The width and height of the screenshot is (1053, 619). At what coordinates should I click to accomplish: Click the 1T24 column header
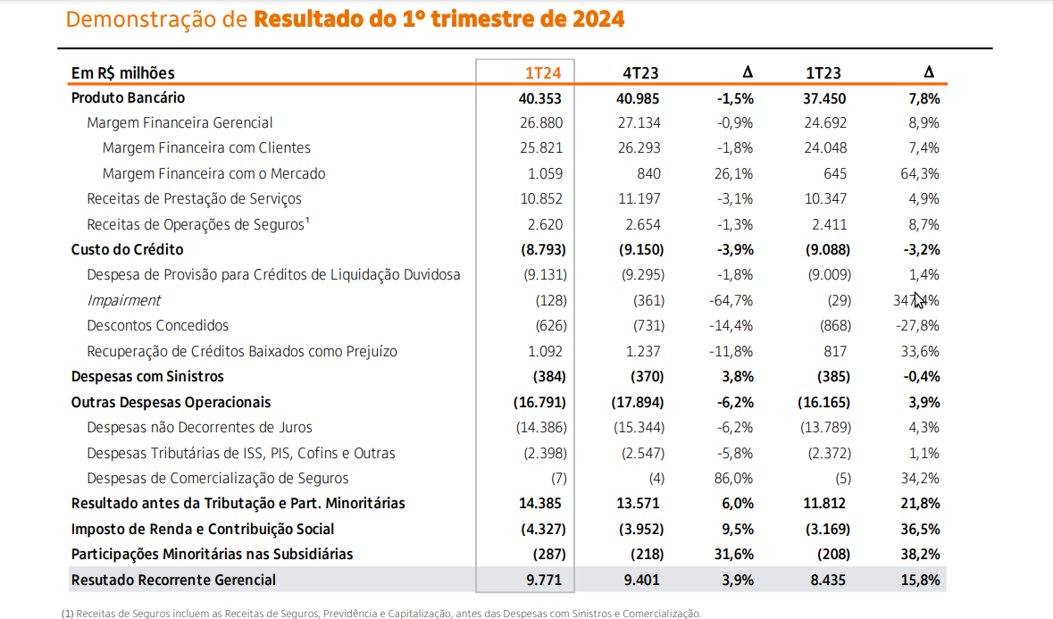point(544,73)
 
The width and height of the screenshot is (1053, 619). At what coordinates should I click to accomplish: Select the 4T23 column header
point(640,73)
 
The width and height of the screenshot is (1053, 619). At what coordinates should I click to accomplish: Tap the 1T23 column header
point(823,73)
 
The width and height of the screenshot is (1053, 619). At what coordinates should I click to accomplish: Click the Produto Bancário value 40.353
point(540,98)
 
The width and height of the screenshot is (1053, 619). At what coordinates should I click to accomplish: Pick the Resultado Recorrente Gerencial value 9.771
point(543,580)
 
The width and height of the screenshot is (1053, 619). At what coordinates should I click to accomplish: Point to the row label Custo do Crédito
point(127,249)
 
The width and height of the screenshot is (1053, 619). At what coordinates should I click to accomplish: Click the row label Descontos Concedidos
point(157,325)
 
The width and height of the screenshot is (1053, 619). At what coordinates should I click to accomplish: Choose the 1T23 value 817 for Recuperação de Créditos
point(837,351)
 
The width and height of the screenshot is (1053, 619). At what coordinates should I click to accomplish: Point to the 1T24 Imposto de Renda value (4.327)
point(539,529)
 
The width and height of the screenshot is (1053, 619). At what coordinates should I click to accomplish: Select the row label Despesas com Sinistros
point(147,376)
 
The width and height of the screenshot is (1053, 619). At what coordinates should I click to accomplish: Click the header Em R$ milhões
point(123,73)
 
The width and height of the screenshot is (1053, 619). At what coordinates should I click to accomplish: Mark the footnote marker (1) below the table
point(67,614)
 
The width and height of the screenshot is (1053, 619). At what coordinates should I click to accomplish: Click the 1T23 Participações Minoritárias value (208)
point(831,554)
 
